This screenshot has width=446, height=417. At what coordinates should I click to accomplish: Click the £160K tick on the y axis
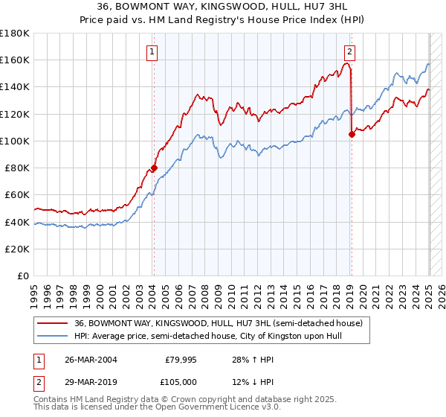[15, 60]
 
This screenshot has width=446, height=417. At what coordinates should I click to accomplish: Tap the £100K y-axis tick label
[15, 141]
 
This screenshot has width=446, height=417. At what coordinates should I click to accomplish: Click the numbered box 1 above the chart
[152, 52]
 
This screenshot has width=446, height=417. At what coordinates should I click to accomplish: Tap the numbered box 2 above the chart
[349, 52]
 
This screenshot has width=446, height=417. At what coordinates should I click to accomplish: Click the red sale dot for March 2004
[154, 168]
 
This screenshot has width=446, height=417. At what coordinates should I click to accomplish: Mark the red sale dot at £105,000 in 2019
[352, 135]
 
